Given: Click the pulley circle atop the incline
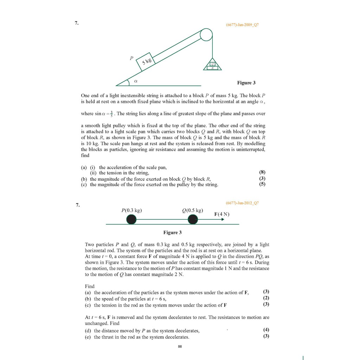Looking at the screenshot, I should click(206, 34).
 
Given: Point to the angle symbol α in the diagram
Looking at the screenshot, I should click(136, 81).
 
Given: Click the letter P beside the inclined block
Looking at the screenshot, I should click(131, 58).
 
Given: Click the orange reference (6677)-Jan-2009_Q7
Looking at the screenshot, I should click(242, 25).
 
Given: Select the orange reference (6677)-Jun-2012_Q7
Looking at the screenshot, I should click(242, 203).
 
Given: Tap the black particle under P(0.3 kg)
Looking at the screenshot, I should click(131, 220).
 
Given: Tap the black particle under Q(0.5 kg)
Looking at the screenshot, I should click(193, 220).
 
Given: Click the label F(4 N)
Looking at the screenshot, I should click(221, 214).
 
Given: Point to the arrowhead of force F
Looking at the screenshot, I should click(222, 220).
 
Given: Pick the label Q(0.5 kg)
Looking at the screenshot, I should click(193, 211).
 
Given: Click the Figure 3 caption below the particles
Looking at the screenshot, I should click(173, 232).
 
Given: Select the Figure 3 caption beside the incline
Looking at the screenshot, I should click(246, 83).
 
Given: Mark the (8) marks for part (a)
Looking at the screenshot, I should click(262, 173).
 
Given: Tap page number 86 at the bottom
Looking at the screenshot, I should click(180, 347).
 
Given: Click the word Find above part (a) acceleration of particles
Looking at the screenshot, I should click(90, 286).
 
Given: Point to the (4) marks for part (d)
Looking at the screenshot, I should click(266, 330).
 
